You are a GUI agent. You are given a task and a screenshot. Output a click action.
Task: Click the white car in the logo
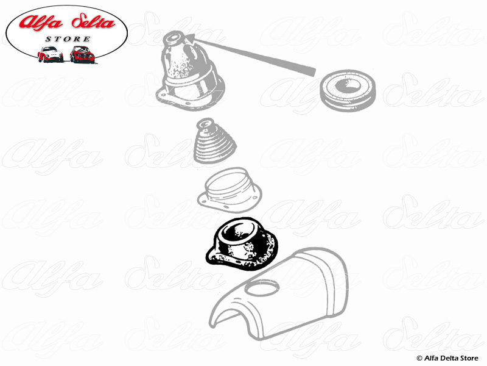pyautogui.click(x=51, y=54)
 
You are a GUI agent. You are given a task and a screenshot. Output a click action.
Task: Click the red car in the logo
pyautogui.click(x=82, y=54)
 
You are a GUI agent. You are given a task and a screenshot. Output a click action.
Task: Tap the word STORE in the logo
pyautogui.click(x=68, y=39)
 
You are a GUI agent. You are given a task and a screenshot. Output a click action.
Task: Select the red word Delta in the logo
pyautogui.click(x=93, y=22)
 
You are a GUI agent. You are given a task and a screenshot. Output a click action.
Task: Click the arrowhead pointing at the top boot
pyautogui.click(x=191, y=38)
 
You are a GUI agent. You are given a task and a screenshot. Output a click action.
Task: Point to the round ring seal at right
pyautogui.click(x=348, y=90)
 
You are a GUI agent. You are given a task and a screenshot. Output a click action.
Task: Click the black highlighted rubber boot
pyautogui.click(x=242, y=245)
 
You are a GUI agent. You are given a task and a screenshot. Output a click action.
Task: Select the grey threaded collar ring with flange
pyautogui.click(x=229, y=190)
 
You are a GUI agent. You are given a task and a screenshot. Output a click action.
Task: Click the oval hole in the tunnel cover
pyautogui.click(x=261, y=288)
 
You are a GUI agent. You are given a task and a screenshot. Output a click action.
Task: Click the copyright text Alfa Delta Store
pyautogui.click(x=451, y=358)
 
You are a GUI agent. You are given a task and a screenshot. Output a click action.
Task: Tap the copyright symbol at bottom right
pyautogui.click(x=419, y=359)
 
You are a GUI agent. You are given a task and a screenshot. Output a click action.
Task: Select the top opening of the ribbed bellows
pyautogui.click(x=205, y=123)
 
